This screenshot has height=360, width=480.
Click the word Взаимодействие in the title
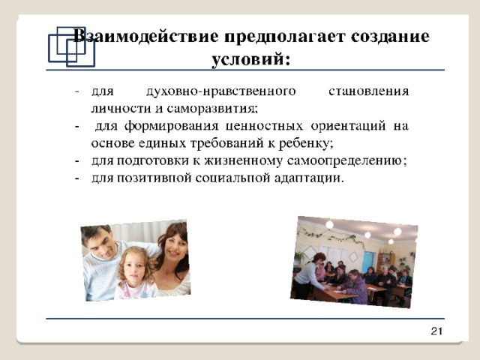pyautogui.click(x=146, y=37)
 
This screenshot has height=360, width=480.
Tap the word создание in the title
pyautogui.click(x=390, y=37)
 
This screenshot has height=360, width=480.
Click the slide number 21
pyautogui.click(x=436, y=331)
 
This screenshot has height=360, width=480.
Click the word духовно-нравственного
pyautogui.click(x=221, y=91)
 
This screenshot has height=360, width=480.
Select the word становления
pyautogui.click(x=368, y=91)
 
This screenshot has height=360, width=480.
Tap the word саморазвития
pyautogui.click(x=211, y=109)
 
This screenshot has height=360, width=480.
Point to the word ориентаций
pyautogui.click(x=348, y=127)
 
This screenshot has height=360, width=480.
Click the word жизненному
pyautogui.click(x=243, y=161)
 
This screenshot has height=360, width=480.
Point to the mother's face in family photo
pyautogui.click(x=173, y=248)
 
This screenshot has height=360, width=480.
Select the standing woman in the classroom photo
pyautogui.click(x=309, y=274)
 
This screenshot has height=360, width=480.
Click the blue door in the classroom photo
pyautogui.click(x=368, y=262)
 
